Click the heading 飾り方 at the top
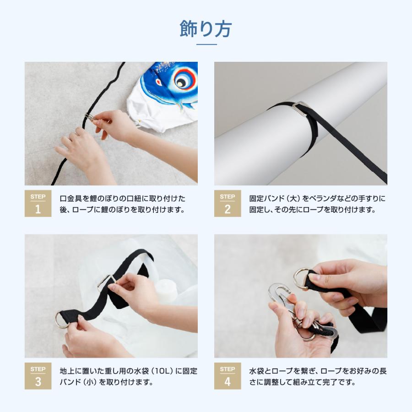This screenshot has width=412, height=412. (x=206, y=29)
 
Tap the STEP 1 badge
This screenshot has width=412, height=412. (x=38, y=203)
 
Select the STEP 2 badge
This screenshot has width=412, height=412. (x=228, y=203)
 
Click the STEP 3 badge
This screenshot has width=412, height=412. (x=38, y=376)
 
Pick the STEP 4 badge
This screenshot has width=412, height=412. (x=228, y=376)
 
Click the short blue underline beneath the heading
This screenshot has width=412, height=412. (x=206, y=44)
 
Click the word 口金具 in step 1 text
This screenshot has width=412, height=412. (x=71, y=198)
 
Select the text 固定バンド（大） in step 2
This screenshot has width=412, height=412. (x=275, y=198)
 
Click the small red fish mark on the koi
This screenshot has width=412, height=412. (x=159, y=82)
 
